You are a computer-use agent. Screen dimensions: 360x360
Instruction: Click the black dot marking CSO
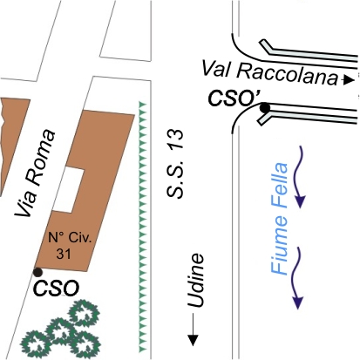click(37, 272)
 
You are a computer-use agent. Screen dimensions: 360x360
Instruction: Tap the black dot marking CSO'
click(264, 108)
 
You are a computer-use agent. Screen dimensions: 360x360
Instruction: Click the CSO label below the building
click(57, 289)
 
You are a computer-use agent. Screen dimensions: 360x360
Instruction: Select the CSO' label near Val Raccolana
click(234, 98)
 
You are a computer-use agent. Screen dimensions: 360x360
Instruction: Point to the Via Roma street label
click(35, 173)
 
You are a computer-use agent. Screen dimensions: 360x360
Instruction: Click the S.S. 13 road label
click(175, 164)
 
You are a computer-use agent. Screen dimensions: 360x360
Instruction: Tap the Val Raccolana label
click(269, 73)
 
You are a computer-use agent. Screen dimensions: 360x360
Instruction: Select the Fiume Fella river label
click(279, 219)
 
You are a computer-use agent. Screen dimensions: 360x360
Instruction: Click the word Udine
click(195, 280)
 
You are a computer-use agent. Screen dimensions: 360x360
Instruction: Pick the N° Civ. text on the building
click(70, 238)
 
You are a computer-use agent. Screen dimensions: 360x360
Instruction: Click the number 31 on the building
click(64, 254)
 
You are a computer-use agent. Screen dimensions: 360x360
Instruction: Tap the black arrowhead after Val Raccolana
click(349, 79)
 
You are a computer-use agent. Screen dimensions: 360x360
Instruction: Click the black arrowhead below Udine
click(193, 340)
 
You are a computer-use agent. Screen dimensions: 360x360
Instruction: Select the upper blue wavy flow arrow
click(297, 177)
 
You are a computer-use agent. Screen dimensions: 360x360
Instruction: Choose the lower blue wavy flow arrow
click(296, 278)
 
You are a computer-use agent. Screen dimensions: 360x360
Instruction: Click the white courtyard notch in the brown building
click(70, 189)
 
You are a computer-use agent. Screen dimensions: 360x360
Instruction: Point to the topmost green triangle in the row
click(142, 105)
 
